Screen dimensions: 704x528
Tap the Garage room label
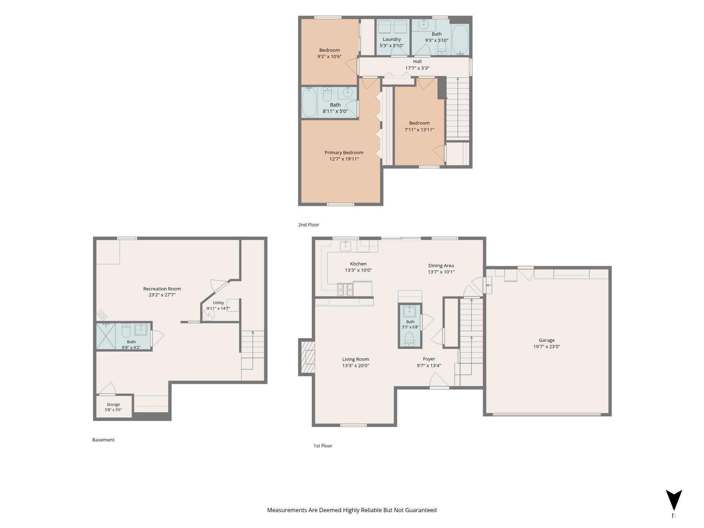(547, 340)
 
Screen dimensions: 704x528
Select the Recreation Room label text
(162, 289)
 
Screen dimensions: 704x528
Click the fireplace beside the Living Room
(307, 357)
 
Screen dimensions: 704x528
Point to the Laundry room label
(392, 39)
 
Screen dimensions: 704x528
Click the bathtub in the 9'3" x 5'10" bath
(460, 40)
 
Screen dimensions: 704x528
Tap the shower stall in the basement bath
(106, 336)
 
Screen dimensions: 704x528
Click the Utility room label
(218, 303)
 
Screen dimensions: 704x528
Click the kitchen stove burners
(345, 289)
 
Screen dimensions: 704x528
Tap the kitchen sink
(345, 246)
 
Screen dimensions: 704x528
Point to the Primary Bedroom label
(344, 152)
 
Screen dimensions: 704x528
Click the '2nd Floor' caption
(308, 225)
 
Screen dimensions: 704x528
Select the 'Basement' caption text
(103, 440)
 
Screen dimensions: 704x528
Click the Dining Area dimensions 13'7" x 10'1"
(441, 272)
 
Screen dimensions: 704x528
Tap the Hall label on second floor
(417, 61)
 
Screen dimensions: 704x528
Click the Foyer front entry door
(439, 382)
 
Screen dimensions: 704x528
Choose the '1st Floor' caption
(323, 446)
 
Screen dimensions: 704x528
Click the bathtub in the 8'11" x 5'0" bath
(309, 102)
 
